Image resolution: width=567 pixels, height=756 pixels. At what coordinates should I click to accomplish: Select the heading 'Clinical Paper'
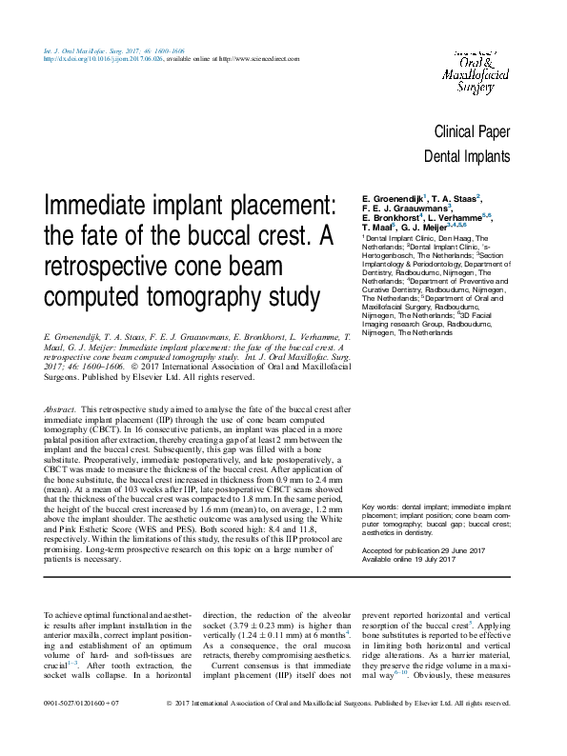pyautogui.click(x=471, y=132)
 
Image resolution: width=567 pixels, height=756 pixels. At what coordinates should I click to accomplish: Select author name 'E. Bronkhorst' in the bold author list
pyautogui.click(x=392, y=218)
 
